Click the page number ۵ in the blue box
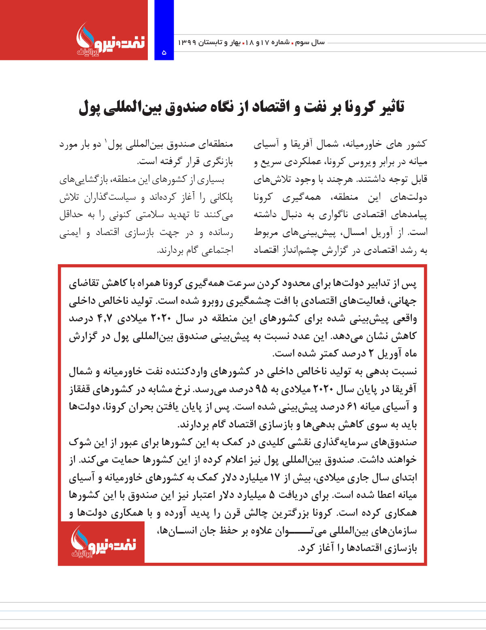point(164,52)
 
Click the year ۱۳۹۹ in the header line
point(188,42)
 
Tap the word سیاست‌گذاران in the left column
point(109,197)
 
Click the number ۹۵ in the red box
point(261,389)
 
